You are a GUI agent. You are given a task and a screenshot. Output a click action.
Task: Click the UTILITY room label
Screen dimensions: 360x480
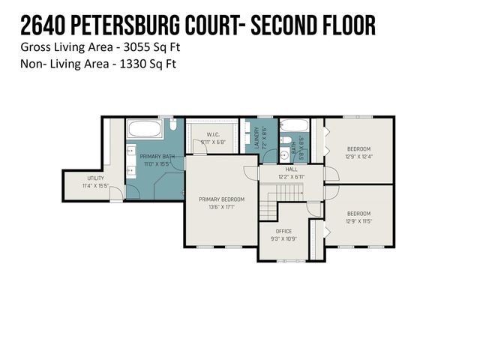96,178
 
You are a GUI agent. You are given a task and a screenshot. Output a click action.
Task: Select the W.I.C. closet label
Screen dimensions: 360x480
213,135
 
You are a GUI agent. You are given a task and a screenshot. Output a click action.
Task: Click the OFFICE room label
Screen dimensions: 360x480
283,231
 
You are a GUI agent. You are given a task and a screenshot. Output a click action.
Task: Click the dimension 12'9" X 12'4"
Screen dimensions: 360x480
358,157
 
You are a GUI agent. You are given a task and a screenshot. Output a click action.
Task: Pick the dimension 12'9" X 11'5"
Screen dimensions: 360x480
358,220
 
